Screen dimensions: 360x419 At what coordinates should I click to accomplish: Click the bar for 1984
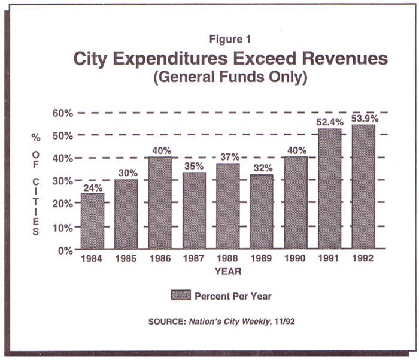92,221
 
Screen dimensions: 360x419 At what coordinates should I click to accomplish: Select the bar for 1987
194,210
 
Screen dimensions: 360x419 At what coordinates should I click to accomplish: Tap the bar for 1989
262,212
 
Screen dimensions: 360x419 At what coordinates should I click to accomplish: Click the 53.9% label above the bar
364,117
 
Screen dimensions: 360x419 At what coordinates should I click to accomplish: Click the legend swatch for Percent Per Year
181,295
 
